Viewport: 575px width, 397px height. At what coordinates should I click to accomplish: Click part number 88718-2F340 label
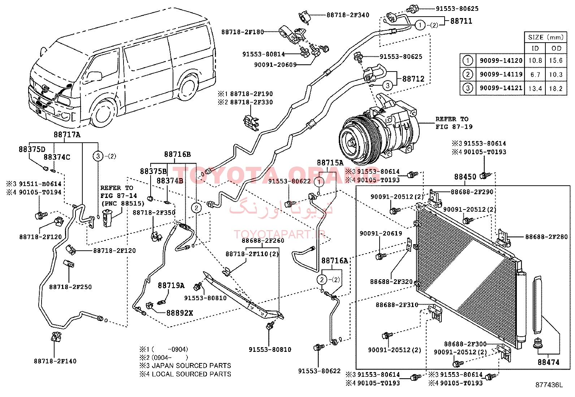(348, 15)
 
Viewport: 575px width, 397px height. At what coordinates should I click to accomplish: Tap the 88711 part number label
(461, 21)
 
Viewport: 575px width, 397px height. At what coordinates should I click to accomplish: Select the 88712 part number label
(413, 79)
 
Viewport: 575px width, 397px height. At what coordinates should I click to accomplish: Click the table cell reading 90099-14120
(501, 61)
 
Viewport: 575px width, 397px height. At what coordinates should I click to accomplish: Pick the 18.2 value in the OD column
(556, 89)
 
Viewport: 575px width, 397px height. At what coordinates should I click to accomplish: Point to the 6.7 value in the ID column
(535, 74)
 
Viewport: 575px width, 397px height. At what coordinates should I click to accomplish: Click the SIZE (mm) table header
(546, 38)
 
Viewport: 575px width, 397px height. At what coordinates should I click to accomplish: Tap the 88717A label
(67, 134)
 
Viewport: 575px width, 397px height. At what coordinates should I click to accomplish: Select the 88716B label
(177, 154)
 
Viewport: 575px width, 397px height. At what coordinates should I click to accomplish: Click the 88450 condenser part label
(465, 177)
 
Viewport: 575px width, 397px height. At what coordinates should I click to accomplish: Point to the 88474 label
(549, 362)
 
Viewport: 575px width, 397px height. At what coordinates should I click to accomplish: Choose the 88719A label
(171, 285)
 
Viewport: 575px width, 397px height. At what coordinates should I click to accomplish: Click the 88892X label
(180, 313)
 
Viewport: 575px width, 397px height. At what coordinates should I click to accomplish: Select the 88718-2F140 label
(55, 361)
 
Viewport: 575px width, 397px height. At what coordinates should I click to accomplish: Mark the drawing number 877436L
(549, 385)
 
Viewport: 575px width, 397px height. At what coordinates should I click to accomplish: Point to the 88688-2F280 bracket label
(546, 237)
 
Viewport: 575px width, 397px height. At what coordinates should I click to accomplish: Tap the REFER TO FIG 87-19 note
(454, 123)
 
